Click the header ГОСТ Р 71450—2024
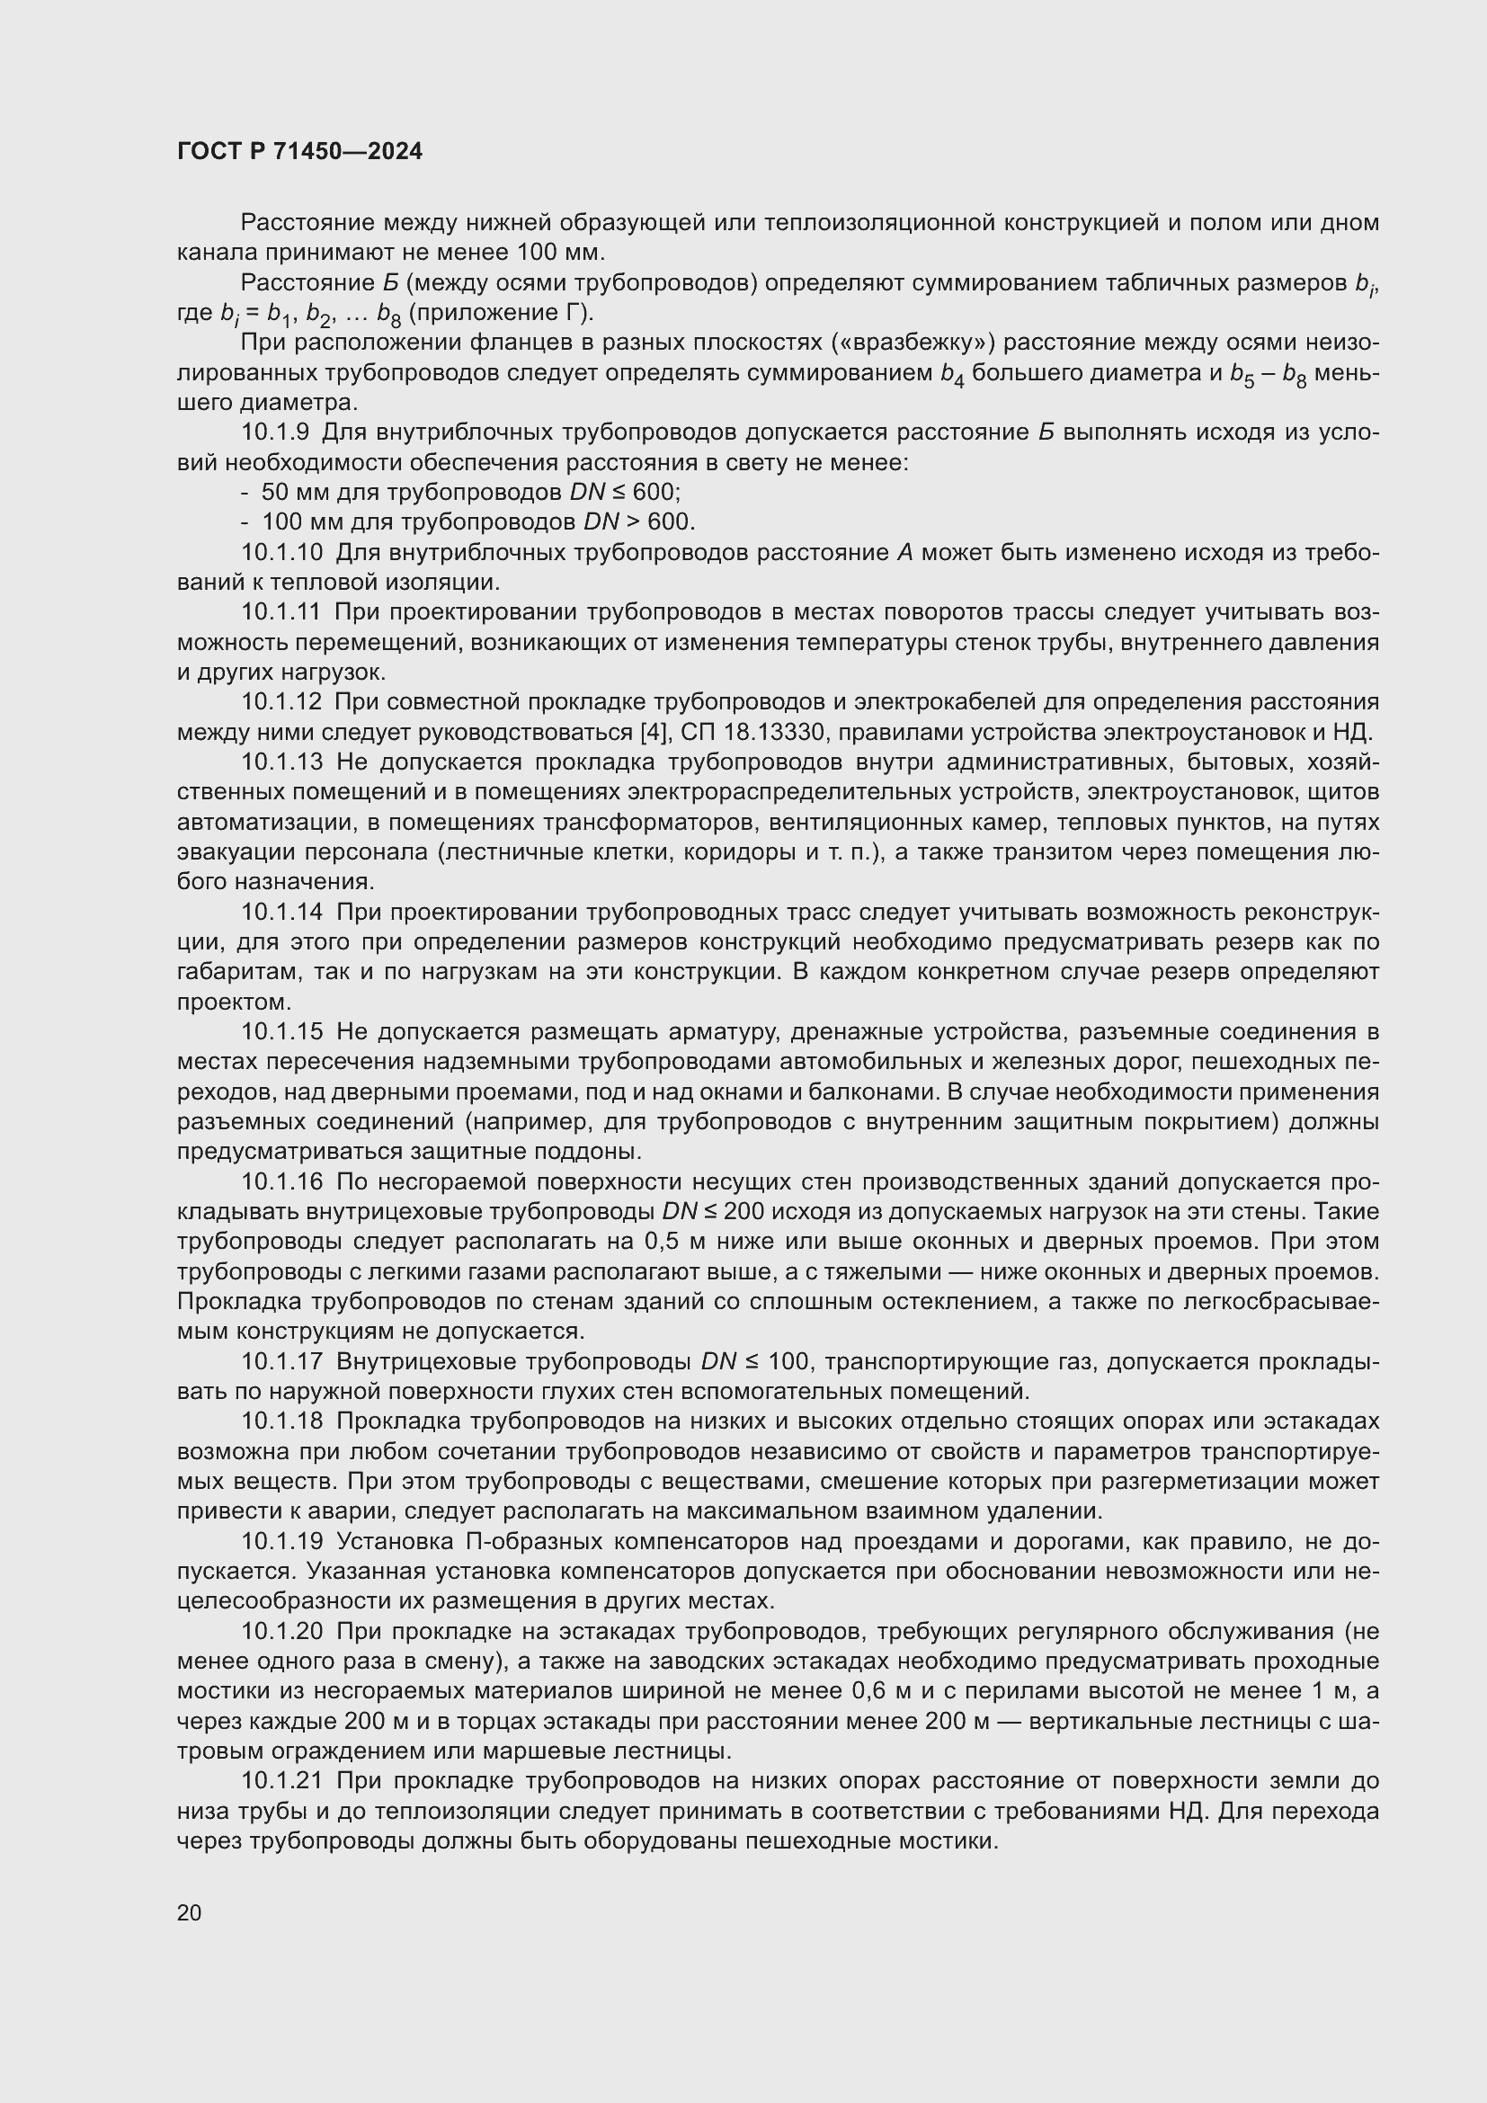pos(299,151)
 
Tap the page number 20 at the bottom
pos(189,1912)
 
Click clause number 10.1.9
pos(275,432)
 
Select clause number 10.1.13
pos(282,762)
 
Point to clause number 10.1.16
pos(282,1182)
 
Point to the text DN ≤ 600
pos(624,493)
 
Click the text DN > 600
pos(638,522)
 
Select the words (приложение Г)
pos(501,312)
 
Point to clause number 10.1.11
pos(282,612)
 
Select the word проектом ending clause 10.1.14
pos(233,1002)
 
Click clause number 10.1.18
pos(282,1421)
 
